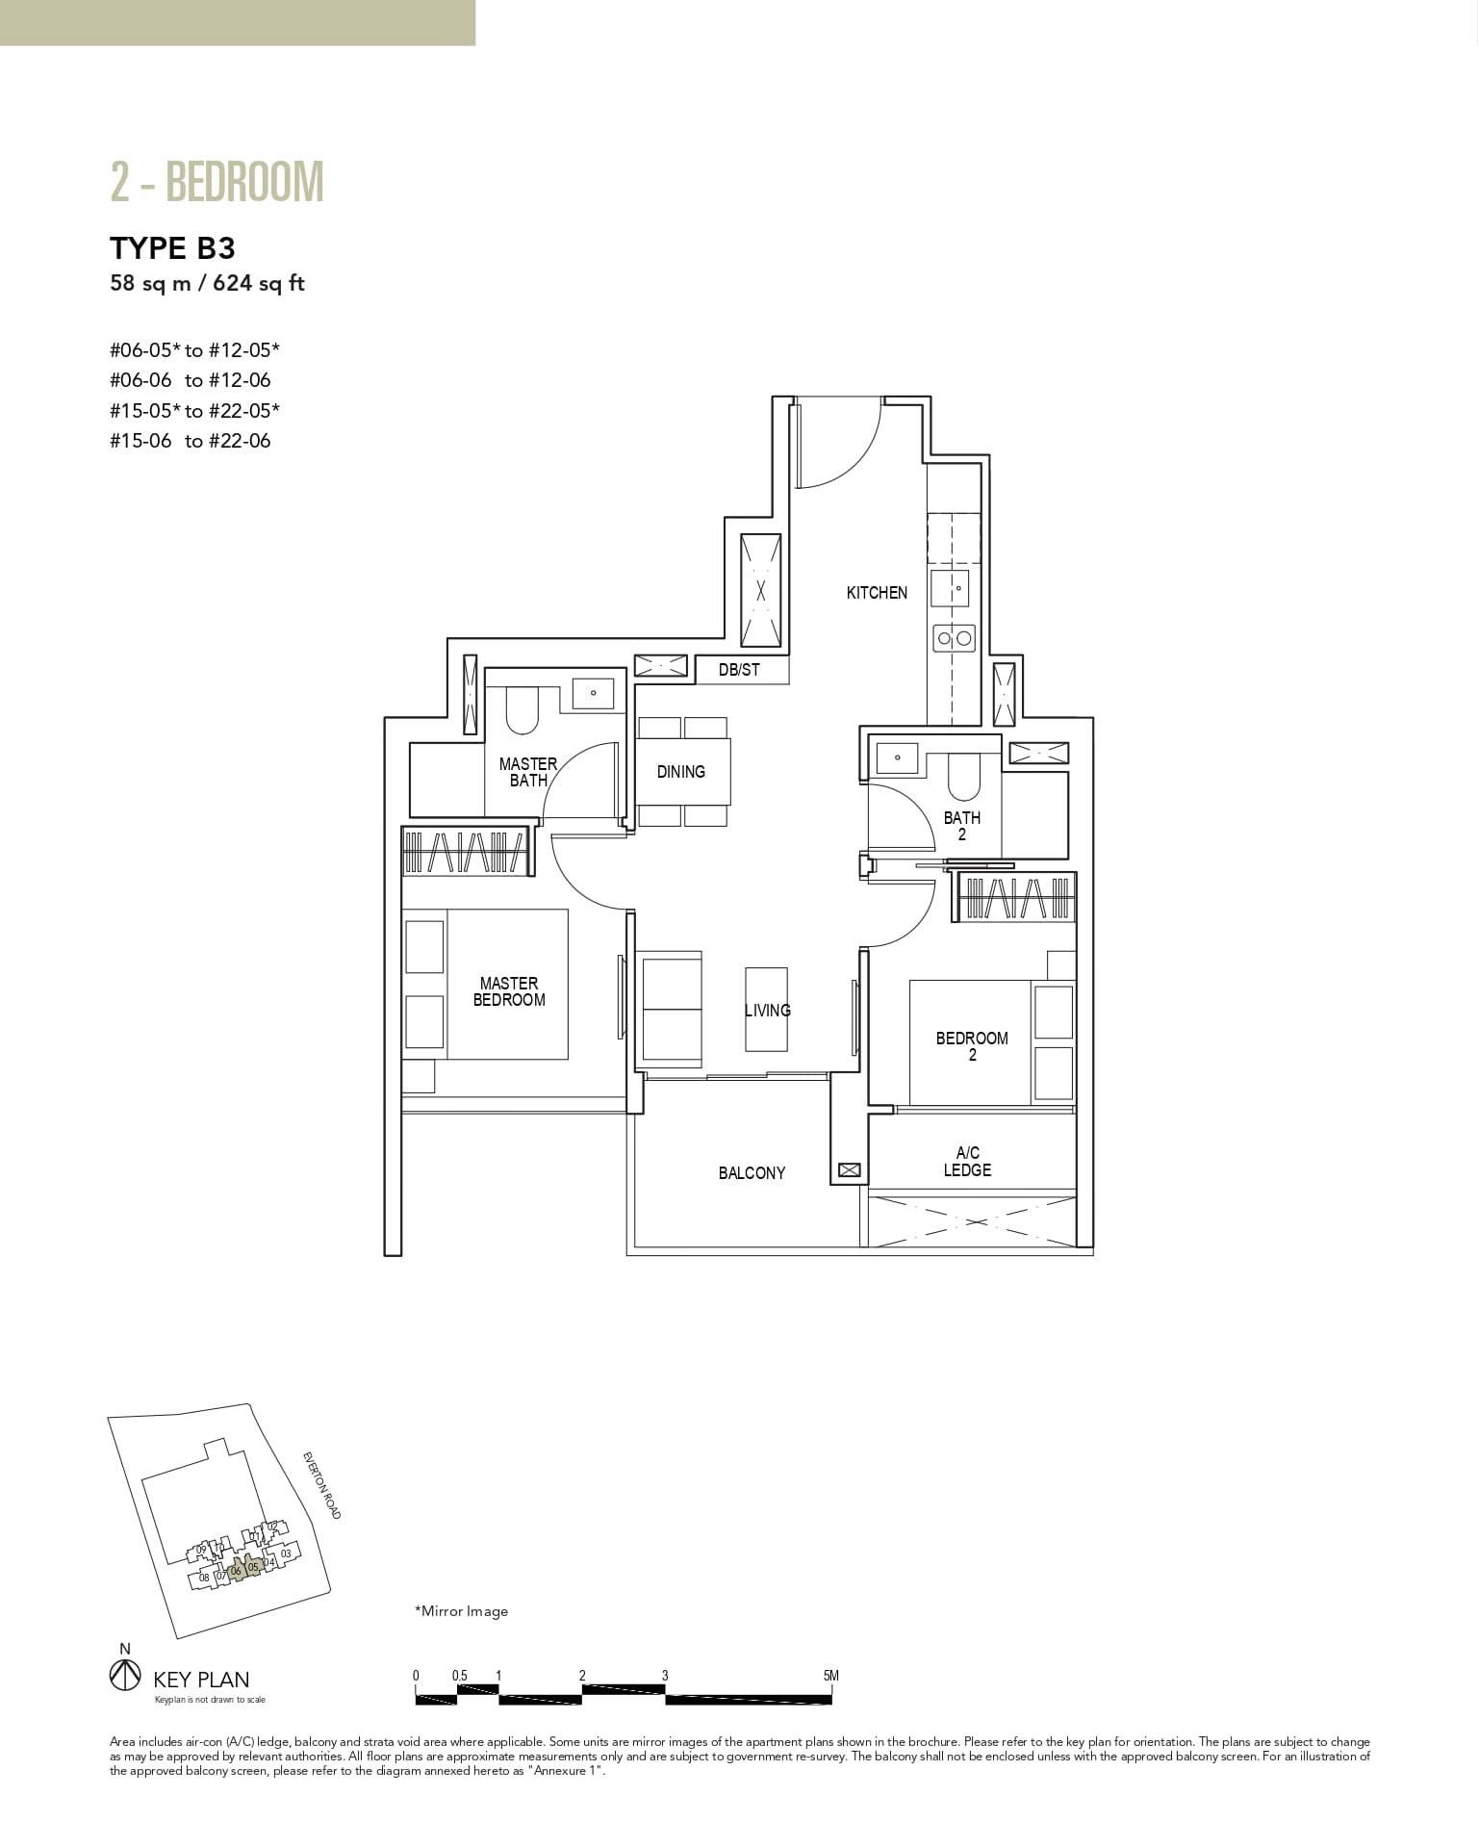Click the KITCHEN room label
point(877,593)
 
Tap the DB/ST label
point(739,670)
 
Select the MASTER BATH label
point(527,772)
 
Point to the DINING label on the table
point(681,772)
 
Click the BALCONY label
point(752,1173)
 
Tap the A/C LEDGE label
point(967,1162)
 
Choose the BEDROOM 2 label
point(972,1046)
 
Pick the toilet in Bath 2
point(963,776)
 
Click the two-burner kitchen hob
point(955,637)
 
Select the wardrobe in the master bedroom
point(466,851)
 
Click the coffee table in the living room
point(766,1010)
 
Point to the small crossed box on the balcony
point(849,1170)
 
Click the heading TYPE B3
point(173,248)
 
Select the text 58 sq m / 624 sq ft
point(207,284)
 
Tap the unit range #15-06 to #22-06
point(191,441)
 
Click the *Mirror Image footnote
point(461,1611)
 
